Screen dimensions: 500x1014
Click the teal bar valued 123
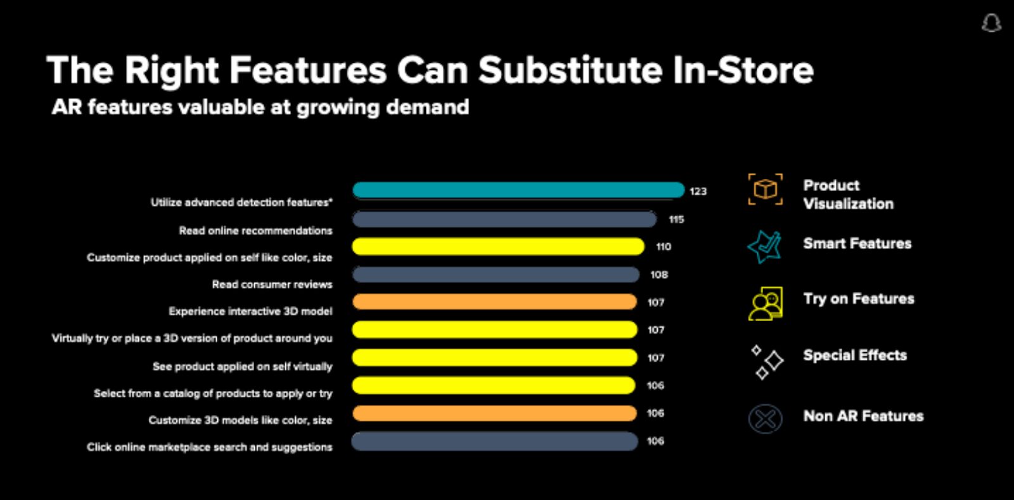click(x=518, y=190)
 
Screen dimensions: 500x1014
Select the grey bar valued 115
click(x=504, y=220)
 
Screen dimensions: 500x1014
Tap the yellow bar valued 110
click(x=498, y=246)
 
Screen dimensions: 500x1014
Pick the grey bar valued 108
click(x=496, y=274)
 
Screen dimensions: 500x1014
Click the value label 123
click(x=698, y=191)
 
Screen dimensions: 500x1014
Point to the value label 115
click(x=676, y=220)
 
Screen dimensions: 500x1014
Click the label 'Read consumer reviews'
click(x=272, y=284)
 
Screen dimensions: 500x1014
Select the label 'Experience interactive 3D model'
click(x=250, y=311)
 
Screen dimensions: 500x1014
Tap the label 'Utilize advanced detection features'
click(x=241, y=202)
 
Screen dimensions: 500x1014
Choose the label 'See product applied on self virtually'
click(x=242, y=366)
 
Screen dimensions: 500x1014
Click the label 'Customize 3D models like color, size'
click(x=240, y=420)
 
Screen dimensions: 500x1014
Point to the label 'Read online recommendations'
click(x=255, y=230)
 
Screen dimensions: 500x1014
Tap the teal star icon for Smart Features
click(x=764, y=246)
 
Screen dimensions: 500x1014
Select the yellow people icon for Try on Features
click(x=766, y=303)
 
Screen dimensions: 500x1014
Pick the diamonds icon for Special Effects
click(x=766, y=362)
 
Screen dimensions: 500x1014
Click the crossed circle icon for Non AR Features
click(x=765, y=419)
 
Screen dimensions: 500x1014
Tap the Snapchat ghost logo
click(x=991, y=23)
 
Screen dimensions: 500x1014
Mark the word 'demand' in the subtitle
click(x=427, y=107)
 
